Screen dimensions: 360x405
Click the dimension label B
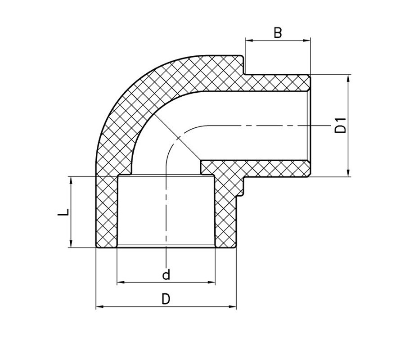tap(278, 33)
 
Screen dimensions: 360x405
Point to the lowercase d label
tap(166, 274)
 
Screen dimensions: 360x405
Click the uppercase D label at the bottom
tap(166, 299)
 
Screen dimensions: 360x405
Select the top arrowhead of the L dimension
tap(71, 180)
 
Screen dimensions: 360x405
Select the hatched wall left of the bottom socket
tap(107, 211)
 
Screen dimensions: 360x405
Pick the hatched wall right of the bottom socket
tap(225, 211)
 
